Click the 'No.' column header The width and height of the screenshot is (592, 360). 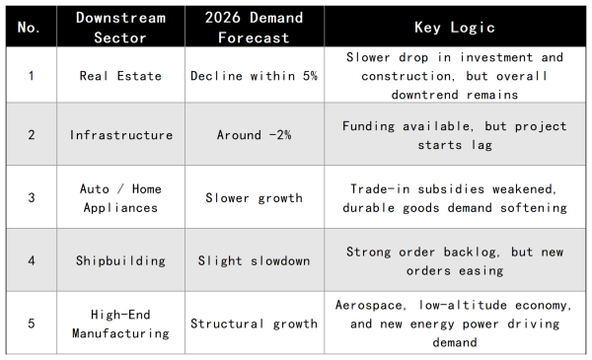coord(30,28)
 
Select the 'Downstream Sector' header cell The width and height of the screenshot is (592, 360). coord(120,28)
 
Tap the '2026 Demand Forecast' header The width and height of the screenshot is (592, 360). coord(254,28)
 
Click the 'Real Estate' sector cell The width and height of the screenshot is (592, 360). coord(120,76)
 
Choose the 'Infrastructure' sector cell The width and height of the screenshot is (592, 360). coord(120,135)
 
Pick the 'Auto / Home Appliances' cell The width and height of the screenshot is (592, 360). coord(120,197)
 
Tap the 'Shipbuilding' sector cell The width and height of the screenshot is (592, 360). coord(120,260)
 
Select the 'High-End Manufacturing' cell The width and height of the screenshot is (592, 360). coord(120,324)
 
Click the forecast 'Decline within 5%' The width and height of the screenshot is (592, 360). coord(254,76)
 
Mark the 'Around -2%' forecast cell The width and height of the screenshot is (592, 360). coord(254,135)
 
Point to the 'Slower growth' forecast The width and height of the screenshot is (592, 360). coord(254,197)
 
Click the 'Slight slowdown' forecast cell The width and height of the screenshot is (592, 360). coord(254,260)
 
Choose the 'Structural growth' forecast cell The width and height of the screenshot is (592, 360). coord(254,324)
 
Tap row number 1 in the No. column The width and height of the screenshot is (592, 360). coord(30,76)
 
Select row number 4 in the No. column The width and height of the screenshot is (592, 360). coord(30,260)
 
